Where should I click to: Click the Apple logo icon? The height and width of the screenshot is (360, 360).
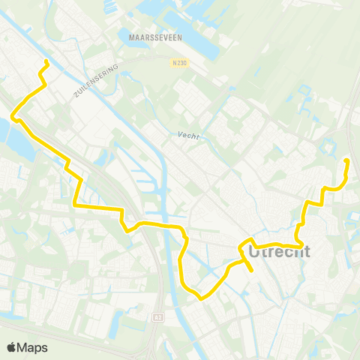pos(11,347)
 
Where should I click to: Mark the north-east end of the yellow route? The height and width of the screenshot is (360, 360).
pos(345,160)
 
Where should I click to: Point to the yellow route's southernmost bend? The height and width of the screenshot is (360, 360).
pos(201,298)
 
